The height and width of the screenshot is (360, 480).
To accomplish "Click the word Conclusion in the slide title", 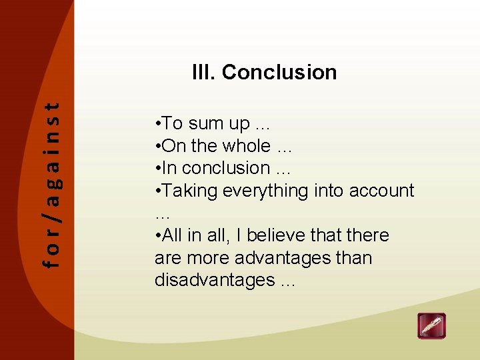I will (279, 72).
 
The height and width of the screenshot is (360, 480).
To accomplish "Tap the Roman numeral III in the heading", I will (203, 72).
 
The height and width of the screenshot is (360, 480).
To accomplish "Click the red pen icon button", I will (431, 326).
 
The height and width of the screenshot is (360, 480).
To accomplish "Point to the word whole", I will (247, 146).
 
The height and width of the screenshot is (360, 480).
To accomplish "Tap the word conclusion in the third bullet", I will (226, 169).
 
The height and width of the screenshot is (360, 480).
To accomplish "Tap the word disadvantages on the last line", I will (214, 281).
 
